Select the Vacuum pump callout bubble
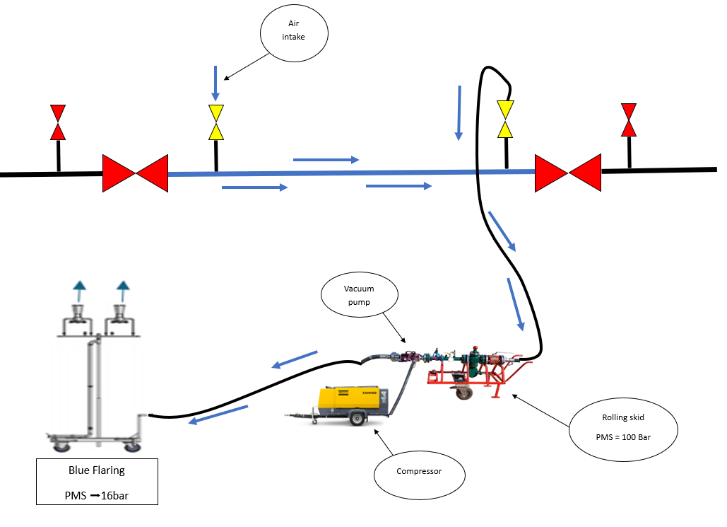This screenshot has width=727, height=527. coord(359,296)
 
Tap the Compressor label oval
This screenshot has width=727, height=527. coord(419,471)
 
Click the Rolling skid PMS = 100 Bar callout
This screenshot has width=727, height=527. coord(622,427)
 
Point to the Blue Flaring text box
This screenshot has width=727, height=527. coord(97,482)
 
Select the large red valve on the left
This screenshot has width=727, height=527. coord(135,173)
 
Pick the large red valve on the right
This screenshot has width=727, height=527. coord(567,173)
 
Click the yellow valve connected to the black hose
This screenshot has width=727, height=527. coord(505,119)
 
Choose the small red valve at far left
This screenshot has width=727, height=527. coord(58,122)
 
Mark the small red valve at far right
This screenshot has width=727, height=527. coord(628,119)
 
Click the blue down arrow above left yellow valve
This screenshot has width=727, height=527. coord(215,83)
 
